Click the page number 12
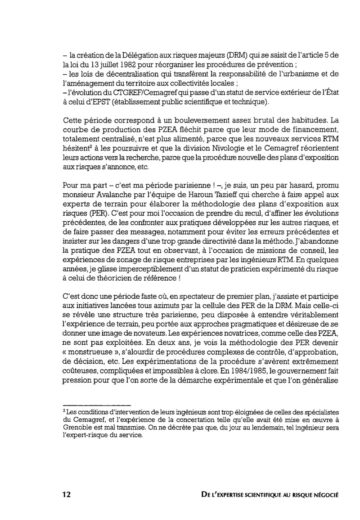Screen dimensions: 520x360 [x=67, y=494]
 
